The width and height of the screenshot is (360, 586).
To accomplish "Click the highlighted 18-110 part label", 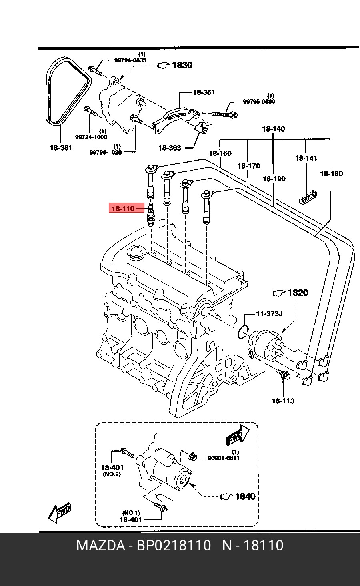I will point(123,209).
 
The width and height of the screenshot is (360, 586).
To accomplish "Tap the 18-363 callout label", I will point(170,148).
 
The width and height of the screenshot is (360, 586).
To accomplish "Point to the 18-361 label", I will point(204,92).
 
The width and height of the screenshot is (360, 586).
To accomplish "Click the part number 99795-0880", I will point(259,102).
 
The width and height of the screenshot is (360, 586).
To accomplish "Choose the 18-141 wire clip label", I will point(306,158).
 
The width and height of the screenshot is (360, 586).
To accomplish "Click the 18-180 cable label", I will point(331,174).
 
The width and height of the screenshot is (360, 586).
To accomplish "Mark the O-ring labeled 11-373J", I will point(242,332).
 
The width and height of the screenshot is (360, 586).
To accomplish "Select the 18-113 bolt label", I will point(283,401).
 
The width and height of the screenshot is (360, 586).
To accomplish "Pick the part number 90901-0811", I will point(223,458).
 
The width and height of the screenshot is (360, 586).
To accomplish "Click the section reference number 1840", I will point(245,496).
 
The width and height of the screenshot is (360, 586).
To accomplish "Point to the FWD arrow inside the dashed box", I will point(237,435).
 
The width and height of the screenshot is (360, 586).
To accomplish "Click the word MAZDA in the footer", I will point(100,546).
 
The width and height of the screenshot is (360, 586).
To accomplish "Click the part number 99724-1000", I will point(91,137).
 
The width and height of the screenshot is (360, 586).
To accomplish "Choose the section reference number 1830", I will point(182,65).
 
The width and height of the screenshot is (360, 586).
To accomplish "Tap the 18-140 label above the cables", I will point(274,129).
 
